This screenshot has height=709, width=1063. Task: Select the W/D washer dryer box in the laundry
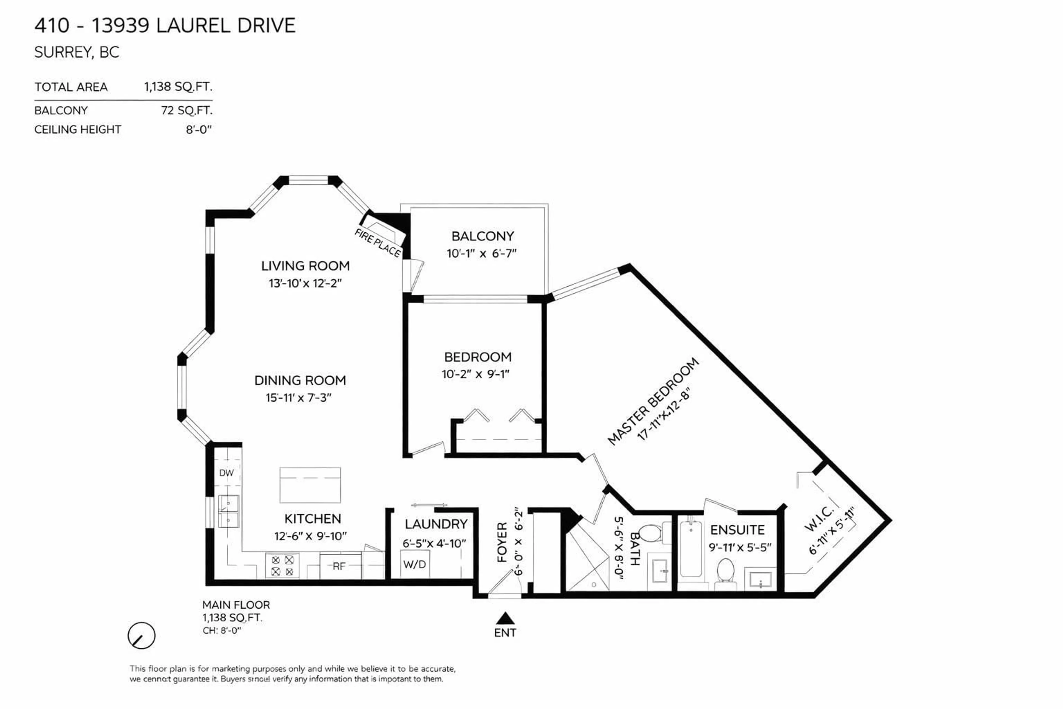coord(414,564)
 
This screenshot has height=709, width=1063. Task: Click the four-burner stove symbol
coord(282,566)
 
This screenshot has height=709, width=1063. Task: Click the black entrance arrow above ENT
coord(505,618)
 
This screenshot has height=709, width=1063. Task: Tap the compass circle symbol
coord(141,635)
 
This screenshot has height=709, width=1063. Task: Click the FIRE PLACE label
coord(377,243)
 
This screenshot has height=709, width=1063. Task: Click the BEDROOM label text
coord(478,357)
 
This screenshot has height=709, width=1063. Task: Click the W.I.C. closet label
coord(819,519)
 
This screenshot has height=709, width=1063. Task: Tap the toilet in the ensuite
coord(725,572)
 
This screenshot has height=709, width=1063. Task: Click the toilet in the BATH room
coord(650,534)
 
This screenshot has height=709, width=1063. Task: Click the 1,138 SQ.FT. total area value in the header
coord(178,87)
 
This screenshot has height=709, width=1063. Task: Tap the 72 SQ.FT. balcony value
coord(187,110)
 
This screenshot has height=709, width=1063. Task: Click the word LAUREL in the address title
coord(193,25)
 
